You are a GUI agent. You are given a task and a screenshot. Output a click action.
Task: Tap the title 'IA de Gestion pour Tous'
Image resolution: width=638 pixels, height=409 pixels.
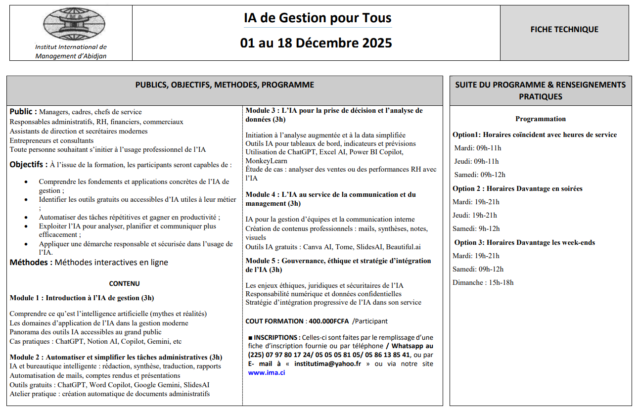317,18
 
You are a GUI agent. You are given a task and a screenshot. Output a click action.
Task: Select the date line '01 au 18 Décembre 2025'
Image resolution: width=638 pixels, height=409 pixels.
316,43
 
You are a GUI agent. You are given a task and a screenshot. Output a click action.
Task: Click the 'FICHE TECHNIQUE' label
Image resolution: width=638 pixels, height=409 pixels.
564,30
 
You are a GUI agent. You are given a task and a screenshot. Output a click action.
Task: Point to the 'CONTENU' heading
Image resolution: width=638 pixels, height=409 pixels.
124,283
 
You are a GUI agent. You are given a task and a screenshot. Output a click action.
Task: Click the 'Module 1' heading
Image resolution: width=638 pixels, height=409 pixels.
82,298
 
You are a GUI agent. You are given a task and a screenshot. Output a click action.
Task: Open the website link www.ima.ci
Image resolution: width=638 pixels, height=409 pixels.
267,372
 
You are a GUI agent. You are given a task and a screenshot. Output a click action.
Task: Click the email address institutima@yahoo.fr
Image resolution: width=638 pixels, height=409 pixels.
327,364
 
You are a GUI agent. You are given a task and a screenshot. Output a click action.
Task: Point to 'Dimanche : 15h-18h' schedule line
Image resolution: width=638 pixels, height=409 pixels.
483,282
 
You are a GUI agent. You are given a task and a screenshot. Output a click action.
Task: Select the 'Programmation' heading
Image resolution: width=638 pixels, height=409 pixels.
541,119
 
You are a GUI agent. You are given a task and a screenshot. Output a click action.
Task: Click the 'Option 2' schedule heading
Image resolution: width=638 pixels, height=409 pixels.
517,188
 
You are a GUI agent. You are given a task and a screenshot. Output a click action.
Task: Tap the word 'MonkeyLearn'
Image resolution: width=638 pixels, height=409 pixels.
266,161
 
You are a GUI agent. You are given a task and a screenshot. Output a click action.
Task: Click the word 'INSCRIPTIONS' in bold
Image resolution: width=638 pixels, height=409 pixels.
277,337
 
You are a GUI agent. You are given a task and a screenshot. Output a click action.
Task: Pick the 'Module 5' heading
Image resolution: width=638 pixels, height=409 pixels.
338,265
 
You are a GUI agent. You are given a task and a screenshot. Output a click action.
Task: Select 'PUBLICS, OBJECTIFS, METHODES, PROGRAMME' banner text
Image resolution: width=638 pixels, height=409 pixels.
225,85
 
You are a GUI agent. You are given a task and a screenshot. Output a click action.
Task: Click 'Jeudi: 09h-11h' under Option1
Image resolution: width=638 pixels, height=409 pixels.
476,161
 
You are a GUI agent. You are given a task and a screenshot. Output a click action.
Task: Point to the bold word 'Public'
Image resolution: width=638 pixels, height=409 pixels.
23,111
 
